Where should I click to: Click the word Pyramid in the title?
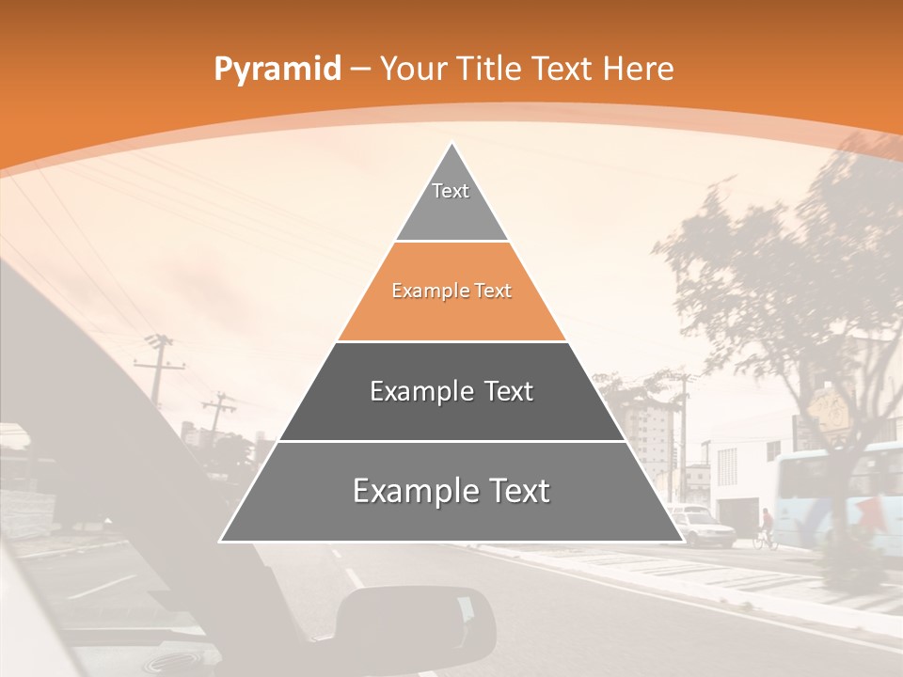click(277, 69)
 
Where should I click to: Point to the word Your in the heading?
click(415, 69)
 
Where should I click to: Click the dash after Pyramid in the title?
click(359, 70)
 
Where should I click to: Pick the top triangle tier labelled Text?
click(451, 202)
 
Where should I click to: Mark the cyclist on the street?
click(767, 528)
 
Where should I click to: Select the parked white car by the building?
click(701, 526)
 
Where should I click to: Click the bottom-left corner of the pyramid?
click(222, 541)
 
